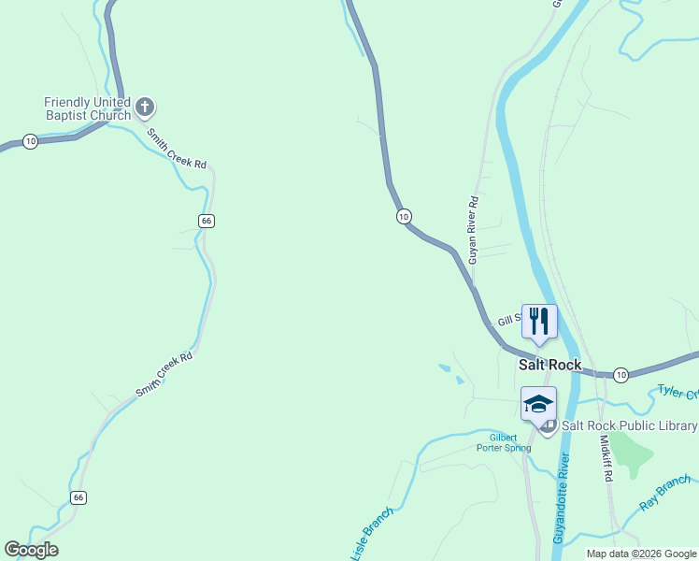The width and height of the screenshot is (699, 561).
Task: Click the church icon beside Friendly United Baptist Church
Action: (x=144, y=108)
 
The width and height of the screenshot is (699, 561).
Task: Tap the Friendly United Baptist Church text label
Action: (x=87, y=108)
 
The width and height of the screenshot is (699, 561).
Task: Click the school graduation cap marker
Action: (x=538, y=404)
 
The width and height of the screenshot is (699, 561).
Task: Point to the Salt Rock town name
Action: (x=549, y=365)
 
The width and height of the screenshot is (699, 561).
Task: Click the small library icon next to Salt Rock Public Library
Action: (x=549, y=426)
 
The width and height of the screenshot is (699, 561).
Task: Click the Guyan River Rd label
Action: (x=474, y=229)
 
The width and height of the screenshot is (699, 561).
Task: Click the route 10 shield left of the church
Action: (x=31, y=141)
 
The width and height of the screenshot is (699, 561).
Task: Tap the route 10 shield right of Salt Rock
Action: (x=621, y=375)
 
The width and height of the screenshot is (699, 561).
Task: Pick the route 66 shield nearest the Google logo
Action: (x=78, y=497)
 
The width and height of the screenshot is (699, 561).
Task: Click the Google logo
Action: (x=32, y=550)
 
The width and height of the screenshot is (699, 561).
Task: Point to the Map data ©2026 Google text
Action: (x=642, y=554)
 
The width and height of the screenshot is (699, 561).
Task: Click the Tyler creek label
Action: (x=677, y=393)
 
